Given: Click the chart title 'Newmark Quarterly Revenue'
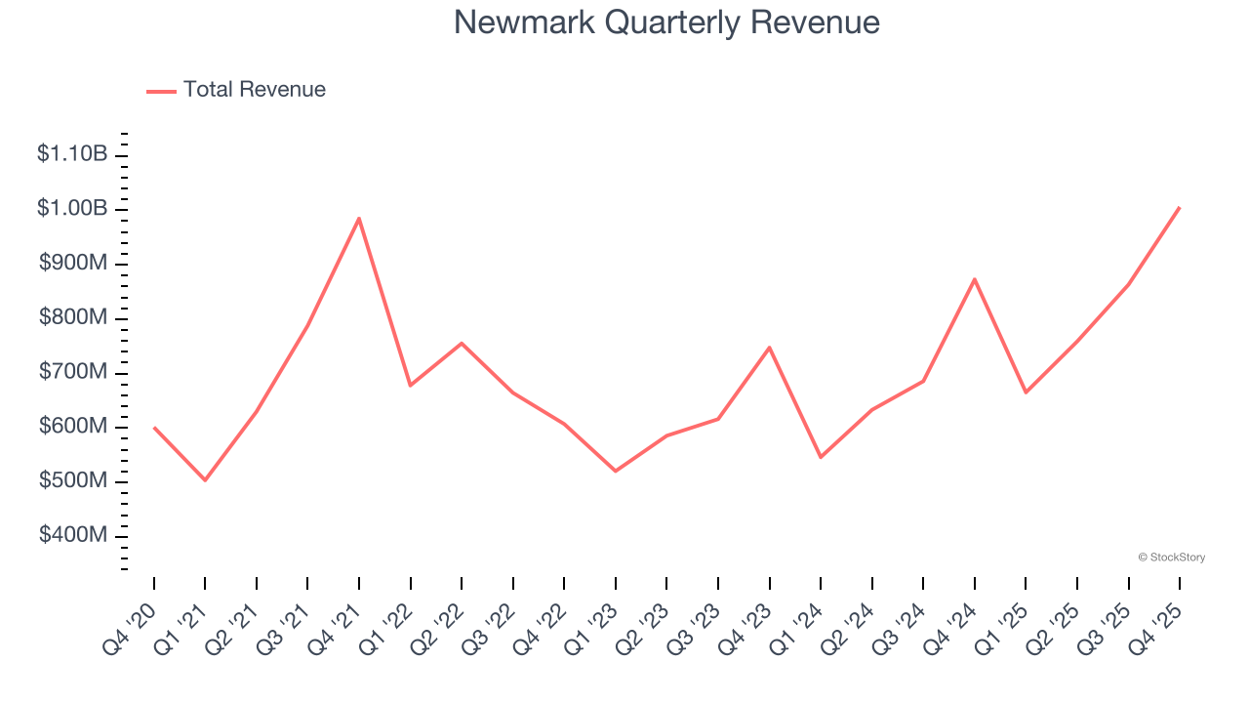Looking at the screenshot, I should [666, 22].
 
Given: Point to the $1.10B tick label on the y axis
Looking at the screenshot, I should [72, 154].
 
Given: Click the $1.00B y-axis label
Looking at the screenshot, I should [72, 209].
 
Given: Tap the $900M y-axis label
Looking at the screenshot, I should [72, 264].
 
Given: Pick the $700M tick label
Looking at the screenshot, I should [72, 373].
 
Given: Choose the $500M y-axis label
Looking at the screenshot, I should [72, 481].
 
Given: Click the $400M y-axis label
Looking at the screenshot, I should [72, 536].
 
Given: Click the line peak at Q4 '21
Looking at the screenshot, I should [359, 218].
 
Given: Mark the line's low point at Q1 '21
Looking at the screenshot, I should [205, 480].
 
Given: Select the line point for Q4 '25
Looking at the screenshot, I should [1180, 207].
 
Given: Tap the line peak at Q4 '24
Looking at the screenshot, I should [975, 279].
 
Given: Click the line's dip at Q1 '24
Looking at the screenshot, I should [821, 457].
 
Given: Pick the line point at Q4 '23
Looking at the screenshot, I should [770, 348].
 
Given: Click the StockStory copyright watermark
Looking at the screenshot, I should [1171, 558].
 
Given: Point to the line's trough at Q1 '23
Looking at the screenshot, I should [616, 472].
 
